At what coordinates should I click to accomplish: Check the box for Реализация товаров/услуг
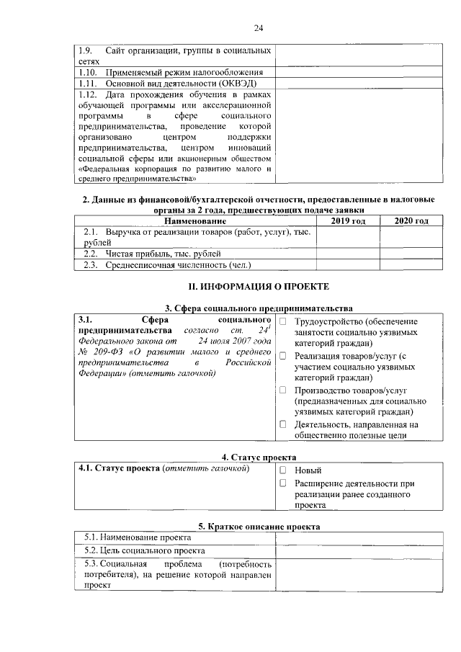coord(283,355)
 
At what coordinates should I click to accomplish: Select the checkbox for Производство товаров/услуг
coord(283,390)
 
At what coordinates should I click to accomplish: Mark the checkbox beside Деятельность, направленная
coord(283,424)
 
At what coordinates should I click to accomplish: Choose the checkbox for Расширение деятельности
coord(283,483)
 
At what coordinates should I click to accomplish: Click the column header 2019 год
coord(349,220)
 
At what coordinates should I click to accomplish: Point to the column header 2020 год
coord(412,220)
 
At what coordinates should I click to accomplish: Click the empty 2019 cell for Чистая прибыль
coord(349,254)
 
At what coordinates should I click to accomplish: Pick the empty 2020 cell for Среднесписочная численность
coord(412,265)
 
